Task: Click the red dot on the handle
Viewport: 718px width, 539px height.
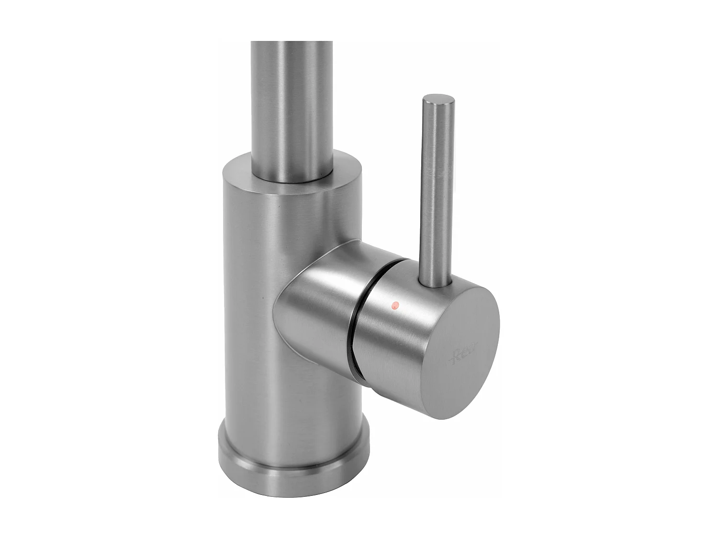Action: click(x=395, y=304)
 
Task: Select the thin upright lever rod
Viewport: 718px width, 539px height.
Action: click(x=436, y=192)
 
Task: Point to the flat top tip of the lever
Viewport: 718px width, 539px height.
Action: click(x=438, y=100)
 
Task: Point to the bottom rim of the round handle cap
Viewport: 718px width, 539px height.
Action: click(x=445, y=417)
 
